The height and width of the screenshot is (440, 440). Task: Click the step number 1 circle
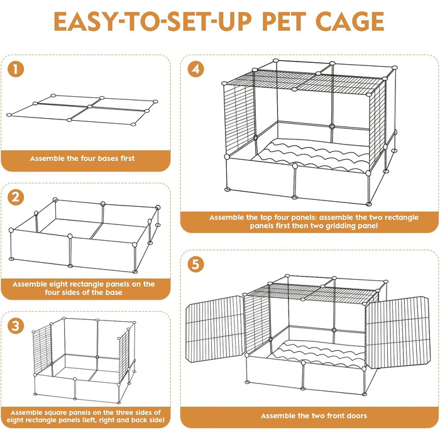click(16, 69)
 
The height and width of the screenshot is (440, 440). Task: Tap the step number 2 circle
click(16, 197)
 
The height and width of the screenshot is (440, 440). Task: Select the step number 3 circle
click(16, 326)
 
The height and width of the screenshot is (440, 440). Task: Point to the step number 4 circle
click(196, 69)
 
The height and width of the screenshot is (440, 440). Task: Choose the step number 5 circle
click(196, 265)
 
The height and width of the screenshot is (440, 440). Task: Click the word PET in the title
click(283, 21)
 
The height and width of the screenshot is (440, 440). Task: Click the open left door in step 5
click(216, 329)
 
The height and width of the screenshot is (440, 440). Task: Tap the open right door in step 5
click(399, 333)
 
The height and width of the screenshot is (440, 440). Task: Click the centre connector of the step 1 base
click(89, 106)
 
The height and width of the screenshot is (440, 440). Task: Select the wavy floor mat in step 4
click(313, 156)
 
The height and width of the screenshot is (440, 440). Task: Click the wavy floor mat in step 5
click(316, 355)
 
